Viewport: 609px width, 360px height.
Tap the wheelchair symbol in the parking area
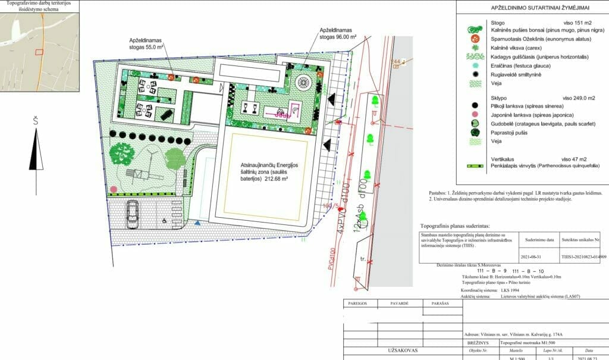tap(165, 220)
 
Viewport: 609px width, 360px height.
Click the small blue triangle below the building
tap(197, 224)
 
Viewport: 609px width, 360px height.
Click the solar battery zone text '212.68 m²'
tap(269, 177)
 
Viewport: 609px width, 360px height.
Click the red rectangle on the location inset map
tap(39, 52)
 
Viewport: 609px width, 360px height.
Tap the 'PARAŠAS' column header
tap(440, 303)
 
